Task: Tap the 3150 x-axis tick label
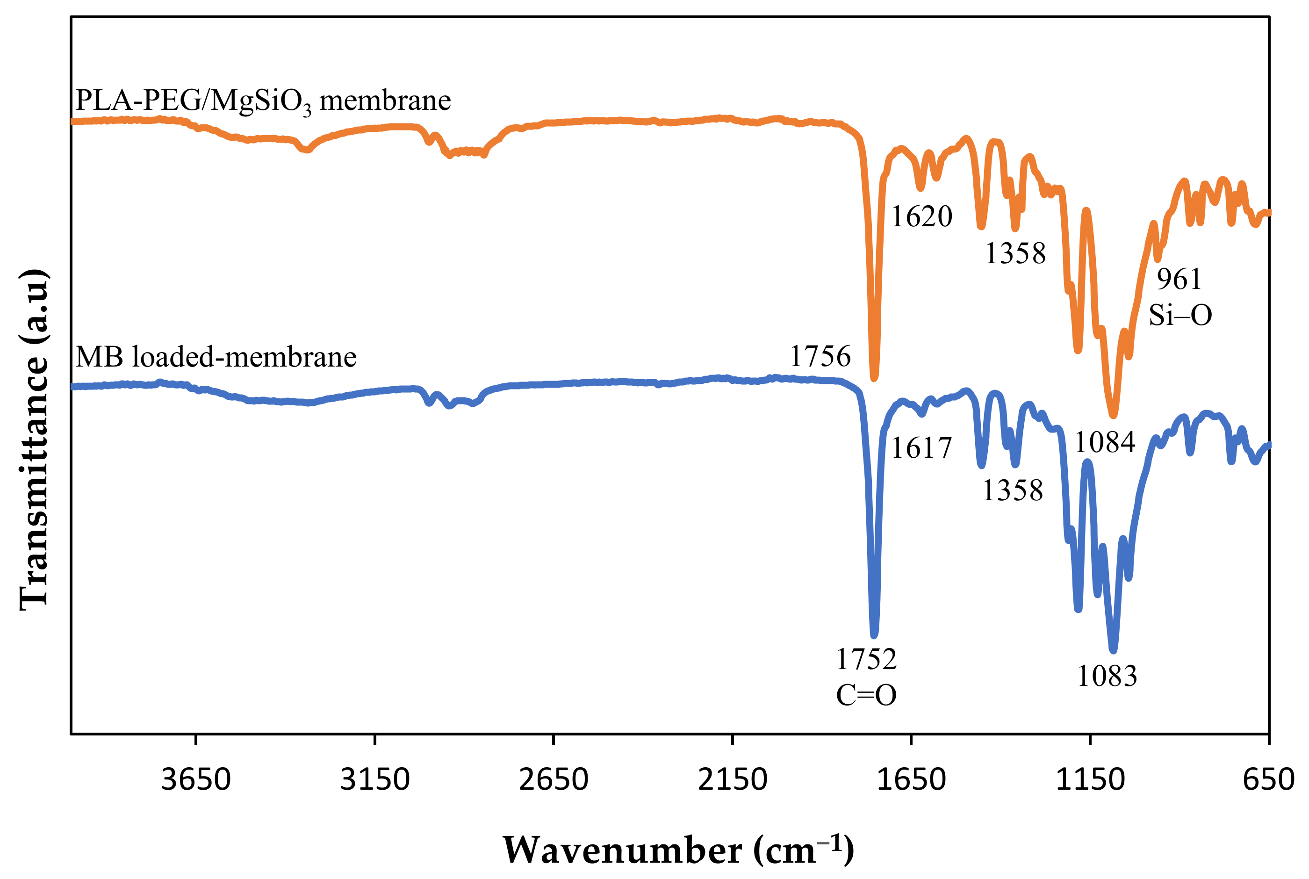(x=374, y=780)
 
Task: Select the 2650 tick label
(x=553, y=780)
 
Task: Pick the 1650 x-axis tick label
(x=911, y=780)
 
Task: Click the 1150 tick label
(x=1089, y=780)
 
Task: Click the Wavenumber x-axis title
(x=678, y=851)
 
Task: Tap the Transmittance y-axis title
(x=35, y=439)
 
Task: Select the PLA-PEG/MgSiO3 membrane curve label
(x=263, y=101)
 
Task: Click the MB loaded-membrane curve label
(x=216, y=357)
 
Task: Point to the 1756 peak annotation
(x=820, y=356)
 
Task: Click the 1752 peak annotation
(x=866, y=659)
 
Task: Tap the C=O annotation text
(x=866, y=695)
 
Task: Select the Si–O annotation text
(x=1180, y=315)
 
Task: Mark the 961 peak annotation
(x=1179, y=279)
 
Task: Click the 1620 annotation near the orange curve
(x=921, y=216)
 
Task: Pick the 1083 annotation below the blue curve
(x=1107, y=676)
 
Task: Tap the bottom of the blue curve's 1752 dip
(x=874, y=635)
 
